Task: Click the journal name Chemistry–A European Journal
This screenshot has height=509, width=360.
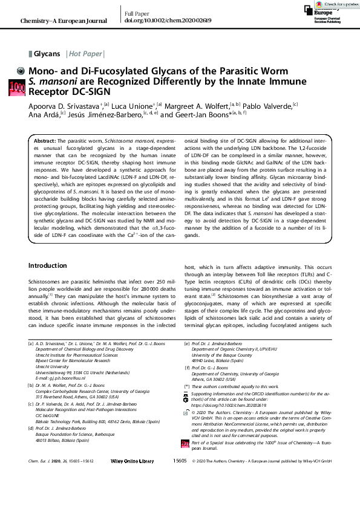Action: coord(64,21)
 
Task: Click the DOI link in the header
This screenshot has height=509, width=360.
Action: coord(160,21)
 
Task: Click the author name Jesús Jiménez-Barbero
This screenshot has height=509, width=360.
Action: coord(118,113)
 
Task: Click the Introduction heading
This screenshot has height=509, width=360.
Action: coord(49,265)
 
